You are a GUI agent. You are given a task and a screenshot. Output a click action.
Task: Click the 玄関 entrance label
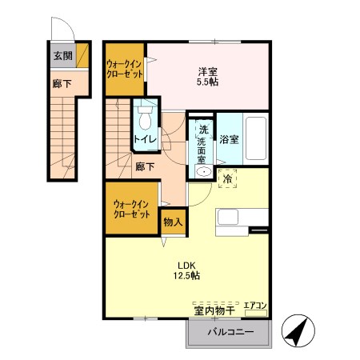tap(62, 57)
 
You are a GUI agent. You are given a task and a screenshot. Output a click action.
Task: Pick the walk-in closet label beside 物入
tap(131, 209)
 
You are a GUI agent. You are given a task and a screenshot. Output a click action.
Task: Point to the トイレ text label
tap(145, 140)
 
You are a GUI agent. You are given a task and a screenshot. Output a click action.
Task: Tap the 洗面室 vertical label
tap(203, 143)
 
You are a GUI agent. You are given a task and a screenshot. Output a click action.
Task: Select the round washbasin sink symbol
tap(203, 172)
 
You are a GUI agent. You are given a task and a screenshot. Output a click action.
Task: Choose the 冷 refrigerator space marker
tap(228, 178)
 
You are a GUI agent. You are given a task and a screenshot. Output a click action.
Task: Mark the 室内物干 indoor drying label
tap(214, 310)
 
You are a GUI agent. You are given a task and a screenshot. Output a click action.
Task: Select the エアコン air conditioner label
tap(255, 306)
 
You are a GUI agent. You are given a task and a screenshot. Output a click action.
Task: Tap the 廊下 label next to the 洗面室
tap(145, 167)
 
